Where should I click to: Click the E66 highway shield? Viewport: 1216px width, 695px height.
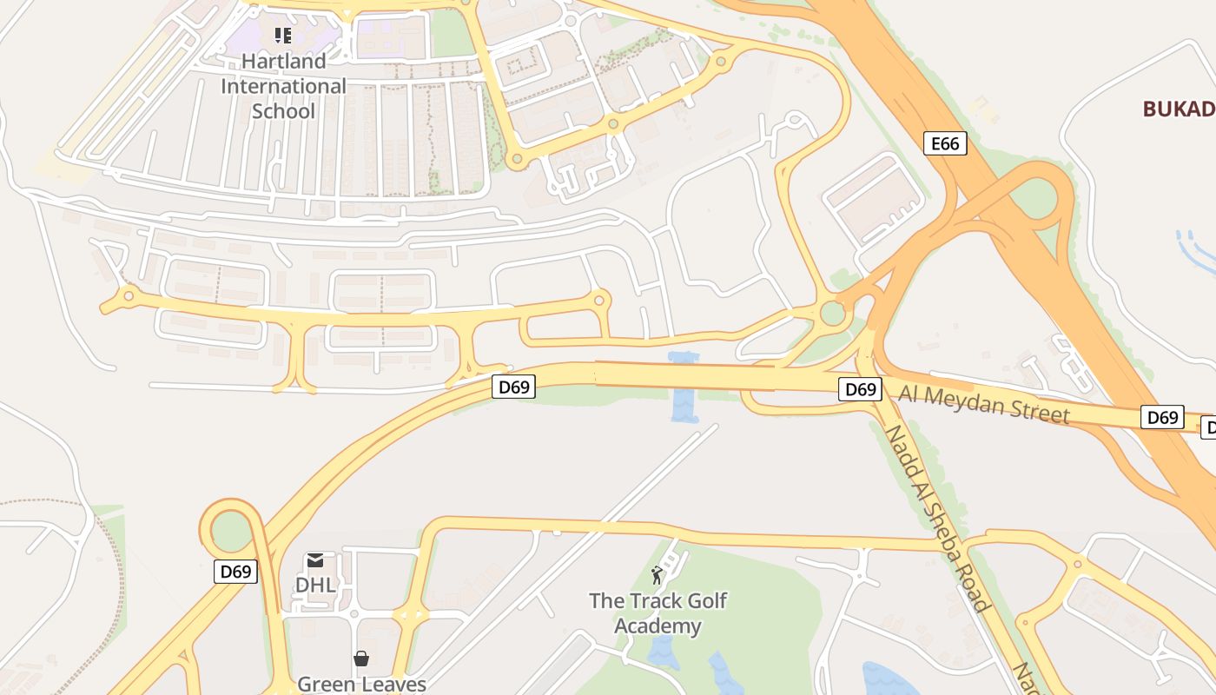point(944,143)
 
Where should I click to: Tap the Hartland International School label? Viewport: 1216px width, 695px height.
point(283,86)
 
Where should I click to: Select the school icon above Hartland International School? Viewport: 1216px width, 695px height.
point(283,36)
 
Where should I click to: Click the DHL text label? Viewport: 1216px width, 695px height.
point(315,585)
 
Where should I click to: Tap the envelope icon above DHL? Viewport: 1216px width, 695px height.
point(315,561)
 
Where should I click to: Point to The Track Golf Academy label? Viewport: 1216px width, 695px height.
point(658,613)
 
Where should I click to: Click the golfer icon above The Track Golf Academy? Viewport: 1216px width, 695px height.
point(657,575)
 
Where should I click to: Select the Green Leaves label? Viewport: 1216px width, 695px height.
point(361,684)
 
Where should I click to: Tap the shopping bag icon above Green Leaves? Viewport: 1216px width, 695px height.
point(361,659)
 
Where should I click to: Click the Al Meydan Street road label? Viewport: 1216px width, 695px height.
point(983,404)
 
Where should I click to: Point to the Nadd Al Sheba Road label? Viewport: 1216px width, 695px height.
point(936,518)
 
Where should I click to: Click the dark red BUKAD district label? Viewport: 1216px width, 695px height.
point(1179,109)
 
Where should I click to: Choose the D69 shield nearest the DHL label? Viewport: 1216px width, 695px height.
point(235,572)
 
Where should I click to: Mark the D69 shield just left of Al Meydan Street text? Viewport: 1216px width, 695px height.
point(860,389)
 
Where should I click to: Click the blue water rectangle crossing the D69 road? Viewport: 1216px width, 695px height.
point(684,387)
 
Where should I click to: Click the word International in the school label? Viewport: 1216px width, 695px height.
point(283,86)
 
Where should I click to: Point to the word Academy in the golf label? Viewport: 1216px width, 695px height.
point(658,626)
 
